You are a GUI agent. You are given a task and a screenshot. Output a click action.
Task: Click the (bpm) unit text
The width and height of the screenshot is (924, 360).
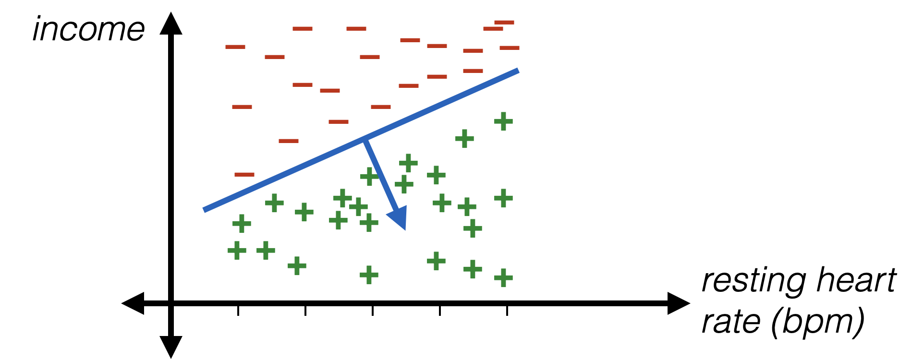click(x=816, y=323)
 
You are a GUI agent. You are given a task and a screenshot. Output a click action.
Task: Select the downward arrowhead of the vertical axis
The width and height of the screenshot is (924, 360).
click(x=170, y=348)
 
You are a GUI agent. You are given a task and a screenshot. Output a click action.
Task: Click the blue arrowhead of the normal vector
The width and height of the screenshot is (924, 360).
click(x=400, y=219)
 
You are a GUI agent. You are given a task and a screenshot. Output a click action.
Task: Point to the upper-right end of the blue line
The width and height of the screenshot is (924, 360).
click(x=518, y=71)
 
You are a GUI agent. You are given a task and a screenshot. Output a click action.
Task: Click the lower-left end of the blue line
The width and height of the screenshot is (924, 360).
click(x=205, y=210)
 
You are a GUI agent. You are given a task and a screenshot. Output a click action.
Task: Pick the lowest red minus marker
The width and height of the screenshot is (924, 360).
click(x=244, y=174)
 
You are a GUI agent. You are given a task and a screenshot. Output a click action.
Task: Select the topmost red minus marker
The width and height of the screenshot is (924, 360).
click(x=504, y=22)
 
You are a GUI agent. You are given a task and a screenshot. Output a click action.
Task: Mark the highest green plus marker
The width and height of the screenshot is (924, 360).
click(x=503, y=121)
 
